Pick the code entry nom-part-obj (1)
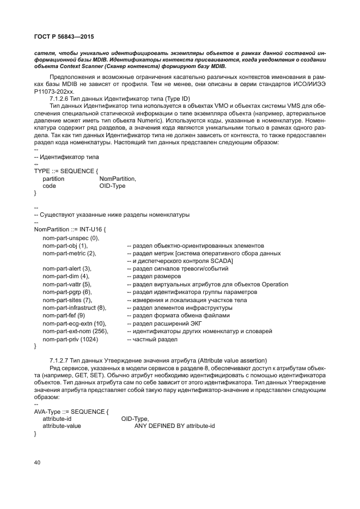(x=65, y=246)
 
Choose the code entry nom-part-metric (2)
(x=69, y=253)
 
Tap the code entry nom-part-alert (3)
(x=67, y=268)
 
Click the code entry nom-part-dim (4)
(x=65, y=276)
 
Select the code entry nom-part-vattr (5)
(x=67, y=284)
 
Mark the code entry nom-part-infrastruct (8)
(x=74, y=308)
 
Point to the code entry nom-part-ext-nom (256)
(x=75, y=331)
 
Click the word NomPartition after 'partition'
(x=118, y=179)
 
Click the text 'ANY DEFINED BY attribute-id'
(x=174, y=426)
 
